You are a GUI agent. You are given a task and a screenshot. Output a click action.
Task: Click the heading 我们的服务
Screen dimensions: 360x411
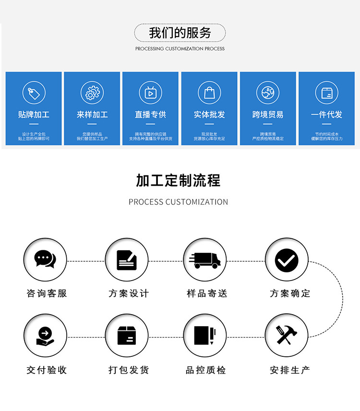click(180, 33)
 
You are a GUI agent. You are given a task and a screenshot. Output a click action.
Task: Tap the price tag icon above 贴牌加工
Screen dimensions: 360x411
click(34, 93)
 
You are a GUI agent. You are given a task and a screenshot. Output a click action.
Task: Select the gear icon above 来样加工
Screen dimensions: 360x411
click(92, 93)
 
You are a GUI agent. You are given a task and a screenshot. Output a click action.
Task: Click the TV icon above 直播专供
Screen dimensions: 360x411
click(150, 93)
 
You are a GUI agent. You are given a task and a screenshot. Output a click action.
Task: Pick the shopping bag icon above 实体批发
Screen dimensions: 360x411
click(209, 93)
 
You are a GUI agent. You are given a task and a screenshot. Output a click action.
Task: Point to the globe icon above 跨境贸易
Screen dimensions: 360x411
click(268, 93)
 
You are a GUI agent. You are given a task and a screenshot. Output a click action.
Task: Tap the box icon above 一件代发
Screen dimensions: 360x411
click(326, 93)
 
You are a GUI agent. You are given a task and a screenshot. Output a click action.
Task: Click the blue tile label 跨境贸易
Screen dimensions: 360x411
click(268, 115)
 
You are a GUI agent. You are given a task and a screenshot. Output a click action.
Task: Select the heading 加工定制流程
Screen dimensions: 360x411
click(178, 181)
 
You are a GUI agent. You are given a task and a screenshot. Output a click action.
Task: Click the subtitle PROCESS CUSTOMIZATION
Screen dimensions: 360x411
click(178, 202)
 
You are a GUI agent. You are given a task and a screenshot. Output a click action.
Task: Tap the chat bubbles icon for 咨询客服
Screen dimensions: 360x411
click(45, 260)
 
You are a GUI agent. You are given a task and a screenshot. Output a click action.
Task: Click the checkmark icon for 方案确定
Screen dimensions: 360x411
click(287, 260)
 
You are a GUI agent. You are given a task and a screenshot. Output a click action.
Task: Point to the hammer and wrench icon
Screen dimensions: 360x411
click(287, 335)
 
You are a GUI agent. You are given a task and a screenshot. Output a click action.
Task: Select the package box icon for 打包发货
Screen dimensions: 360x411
click(127, 335)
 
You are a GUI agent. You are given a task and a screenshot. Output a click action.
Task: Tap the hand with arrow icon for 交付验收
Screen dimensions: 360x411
click(45, 335)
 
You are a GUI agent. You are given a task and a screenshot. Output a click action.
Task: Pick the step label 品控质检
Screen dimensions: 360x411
click(206, 370)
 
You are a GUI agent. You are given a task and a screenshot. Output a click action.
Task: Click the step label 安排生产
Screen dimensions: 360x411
click(290, 370)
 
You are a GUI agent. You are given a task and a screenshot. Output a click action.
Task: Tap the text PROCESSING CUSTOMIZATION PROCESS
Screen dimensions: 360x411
click(180, 49)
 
